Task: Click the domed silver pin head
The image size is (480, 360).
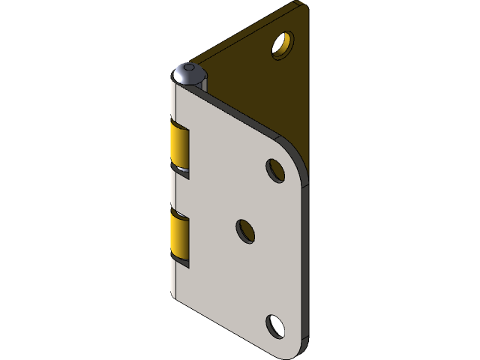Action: pyautogui.click(x=187, y=75)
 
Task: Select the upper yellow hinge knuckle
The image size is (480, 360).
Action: pyautogui.click(x=180, y=146)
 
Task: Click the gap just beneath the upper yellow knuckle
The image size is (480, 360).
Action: pyautogui.click(x=182, y=172)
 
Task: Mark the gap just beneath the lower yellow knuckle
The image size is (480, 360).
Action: pyautogui.click(x=182, y=262)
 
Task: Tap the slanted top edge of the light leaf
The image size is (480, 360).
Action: pyautogui.click(x=240, y=112)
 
